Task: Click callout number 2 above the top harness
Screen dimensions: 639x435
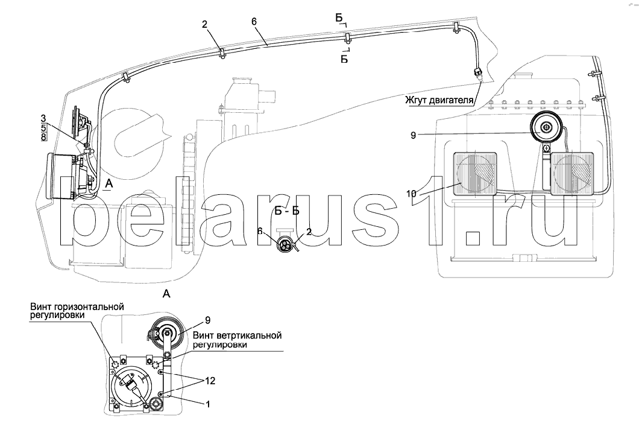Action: (204, 25)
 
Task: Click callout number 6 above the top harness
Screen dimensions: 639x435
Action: (254, 21)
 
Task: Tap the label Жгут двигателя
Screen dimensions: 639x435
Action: (439, 100)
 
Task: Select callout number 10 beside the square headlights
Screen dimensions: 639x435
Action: (411, 194)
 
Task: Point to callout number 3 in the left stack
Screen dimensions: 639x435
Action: (43, 119)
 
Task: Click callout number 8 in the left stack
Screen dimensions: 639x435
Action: (43, 136)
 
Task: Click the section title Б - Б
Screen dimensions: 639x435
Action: (287, 211)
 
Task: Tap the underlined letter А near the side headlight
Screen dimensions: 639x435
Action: (108, 184)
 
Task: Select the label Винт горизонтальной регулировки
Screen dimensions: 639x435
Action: (77, 311)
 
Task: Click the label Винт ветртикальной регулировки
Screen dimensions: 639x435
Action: (238, 340)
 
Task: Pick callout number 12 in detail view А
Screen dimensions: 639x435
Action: (211, 381)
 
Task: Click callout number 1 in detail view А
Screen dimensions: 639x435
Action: (208, 404)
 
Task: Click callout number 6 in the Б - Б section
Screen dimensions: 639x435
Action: (260, 232)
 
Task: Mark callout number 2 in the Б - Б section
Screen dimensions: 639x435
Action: (309, 232)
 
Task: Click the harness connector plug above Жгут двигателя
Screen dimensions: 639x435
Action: (477, 74)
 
